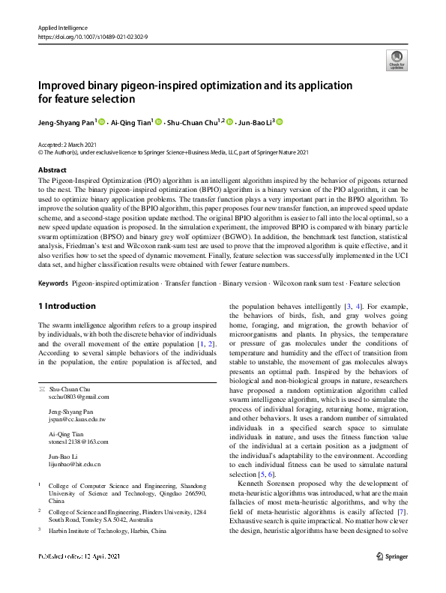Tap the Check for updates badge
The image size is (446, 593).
[x=395, y=60]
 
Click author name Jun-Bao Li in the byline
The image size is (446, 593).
[x=255, y=121]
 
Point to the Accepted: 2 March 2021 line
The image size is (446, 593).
[x=69, y=143]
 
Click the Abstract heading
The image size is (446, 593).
[x=52, y=170]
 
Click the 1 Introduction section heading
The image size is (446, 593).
[x=67, y=307]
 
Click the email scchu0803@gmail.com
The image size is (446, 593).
[x=78, y=397]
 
